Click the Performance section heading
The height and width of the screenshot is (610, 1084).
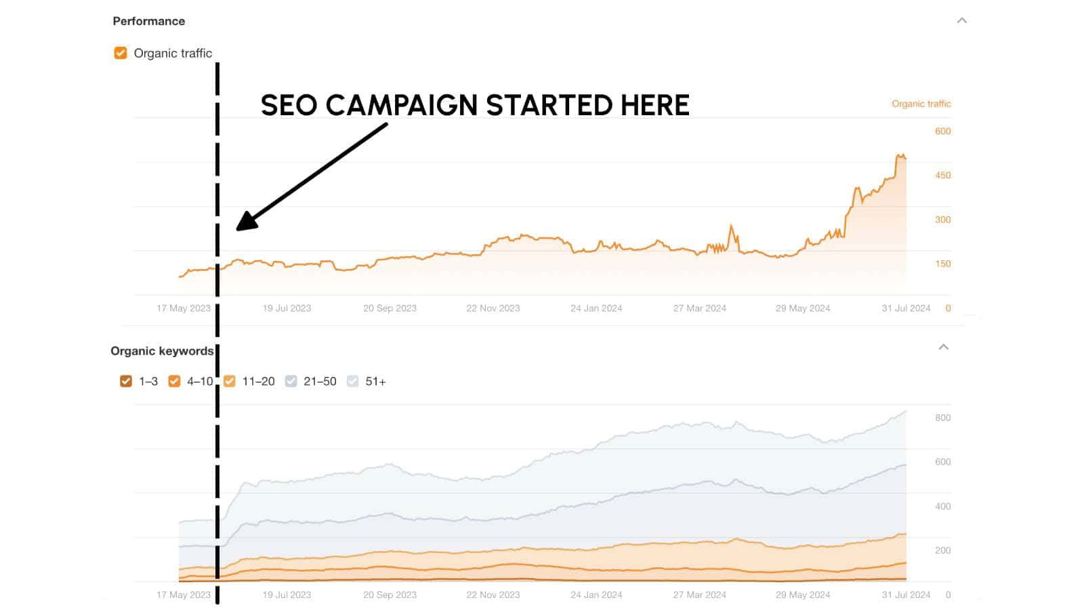pos(148,21)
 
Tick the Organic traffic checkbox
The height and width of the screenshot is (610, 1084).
pos(121,53)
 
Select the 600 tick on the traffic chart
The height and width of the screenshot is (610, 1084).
pos(942,131)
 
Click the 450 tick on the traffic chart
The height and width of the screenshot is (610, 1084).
pos(942,175)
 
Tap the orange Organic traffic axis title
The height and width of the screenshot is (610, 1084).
pos(921,104)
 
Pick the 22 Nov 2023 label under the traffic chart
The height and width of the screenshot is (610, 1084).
pos(493,308)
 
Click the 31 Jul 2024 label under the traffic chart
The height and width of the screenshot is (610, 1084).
pos(906,308)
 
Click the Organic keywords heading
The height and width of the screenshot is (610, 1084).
pos(162,351)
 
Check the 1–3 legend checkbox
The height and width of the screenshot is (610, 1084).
pos(126,381)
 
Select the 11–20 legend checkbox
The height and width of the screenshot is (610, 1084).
pos(230,381)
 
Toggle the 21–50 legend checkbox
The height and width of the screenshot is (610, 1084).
pos(291,381)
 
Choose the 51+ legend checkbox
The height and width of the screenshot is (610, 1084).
pos(353,381)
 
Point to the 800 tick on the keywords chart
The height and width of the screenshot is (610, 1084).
pos(942,418)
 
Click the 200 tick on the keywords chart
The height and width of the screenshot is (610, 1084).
pos(942,550)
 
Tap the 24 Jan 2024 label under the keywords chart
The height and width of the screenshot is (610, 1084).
pos(596,594)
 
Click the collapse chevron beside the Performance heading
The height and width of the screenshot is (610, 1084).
pos(961,20)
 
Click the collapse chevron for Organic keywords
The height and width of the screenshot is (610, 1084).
pos(943,347)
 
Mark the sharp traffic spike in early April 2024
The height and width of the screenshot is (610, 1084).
pos(731,226)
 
